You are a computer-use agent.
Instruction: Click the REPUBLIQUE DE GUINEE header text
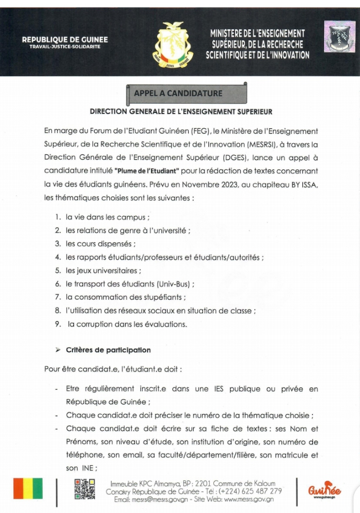coord(65,39)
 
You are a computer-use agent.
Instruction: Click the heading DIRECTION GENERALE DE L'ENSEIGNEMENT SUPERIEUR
coord(181,112)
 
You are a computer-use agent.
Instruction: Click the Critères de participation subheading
coord(108,350)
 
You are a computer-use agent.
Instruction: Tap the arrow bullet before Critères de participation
coord(58,350)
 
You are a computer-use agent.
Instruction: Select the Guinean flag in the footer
coord(28,490)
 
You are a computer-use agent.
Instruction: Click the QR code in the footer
coord(85,490)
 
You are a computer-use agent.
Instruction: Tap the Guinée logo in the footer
coord(325,489)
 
